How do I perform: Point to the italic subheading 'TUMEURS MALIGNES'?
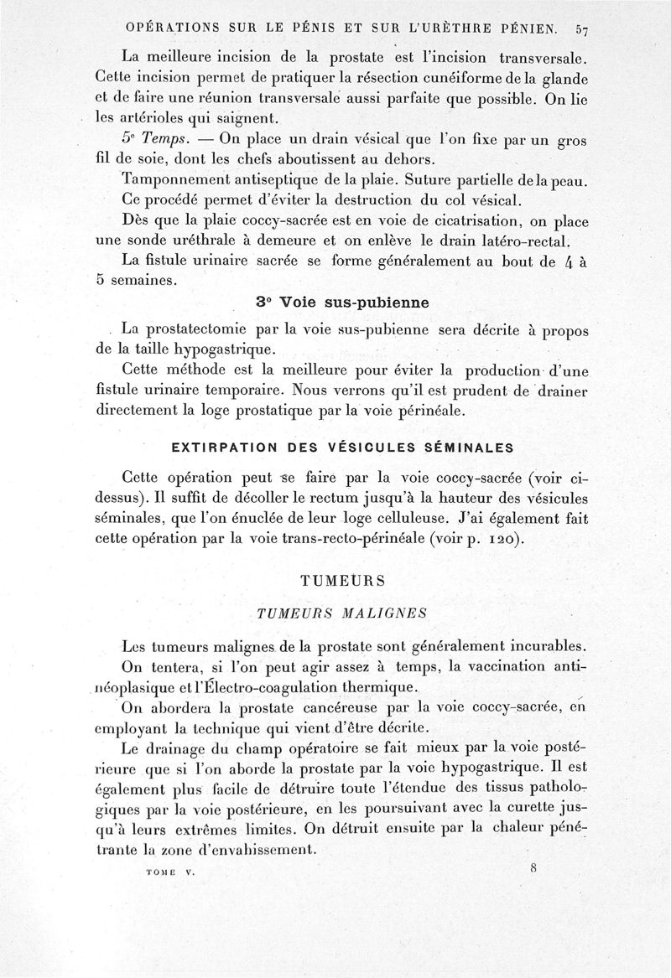pos(342,613)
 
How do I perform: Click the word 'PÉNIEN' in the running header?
pos(516,30)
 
